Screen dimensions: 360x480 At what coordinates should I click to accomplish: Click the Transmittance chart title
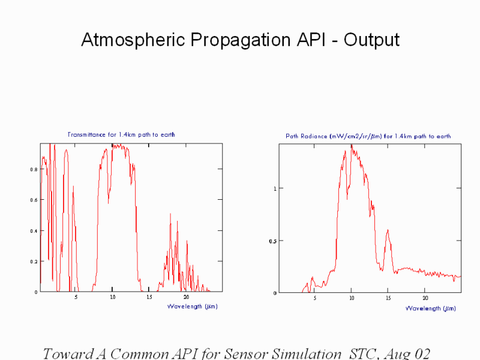121,134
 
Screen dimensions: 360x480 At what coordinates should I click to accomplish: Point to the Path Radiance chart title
368,136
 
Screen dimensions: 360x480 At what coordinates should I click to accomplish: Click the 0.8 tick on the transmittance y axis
34,170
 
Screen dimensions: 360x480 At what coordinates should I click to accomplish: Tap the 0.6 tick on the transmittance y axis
34,200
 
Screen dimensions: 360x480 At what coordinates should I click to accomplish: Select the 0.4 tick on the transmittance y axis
34,231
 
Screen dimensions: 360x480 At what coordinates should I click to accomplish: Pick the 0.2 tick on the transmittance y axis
34,262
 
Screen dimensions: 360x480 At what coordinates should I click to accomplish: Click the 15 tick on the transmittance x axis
149,297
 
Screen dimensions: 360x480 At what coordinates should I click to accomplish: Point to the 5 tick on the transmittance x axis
76,297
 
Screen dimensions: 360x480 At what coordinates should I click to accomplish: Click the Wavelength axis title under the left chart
192,307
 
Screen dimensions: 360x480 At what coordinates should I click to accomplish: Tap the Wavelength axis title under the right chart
430,308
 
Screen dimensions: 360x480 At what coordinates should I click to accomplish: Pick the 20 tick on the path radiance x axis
425,298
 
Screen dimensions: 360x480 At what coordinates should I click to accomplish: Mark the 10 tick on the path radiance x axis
352,298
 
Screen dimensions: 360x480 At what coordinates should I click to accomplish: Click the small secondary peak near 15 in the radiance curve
388,230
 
